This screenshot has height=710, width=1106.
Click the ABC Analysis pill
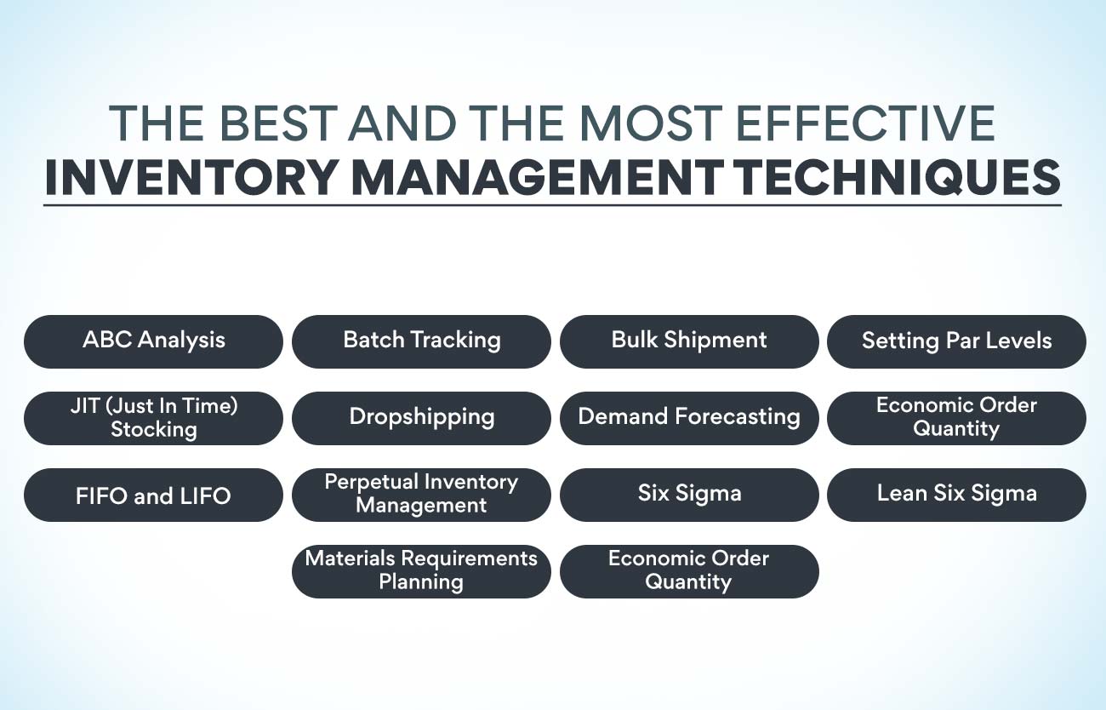click(x=153, y=341)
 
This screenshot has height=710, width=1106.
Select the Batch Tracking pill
click(x=421, y=341)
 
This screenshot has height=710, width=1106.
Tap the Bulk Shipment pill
click(x=689, y=341)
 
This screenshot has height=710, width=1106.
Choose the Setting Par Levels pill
click(x=956, y=341)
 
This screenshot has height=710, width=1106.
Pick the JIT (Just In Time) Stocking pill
click(x=153, y=417)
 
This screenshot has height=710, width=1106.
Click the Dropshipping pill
click(x=421, y=417)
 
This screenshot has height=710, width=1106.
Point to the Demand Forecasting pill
click(x=689, y=417)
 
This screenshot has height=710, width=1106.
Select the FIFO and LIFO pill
click(x=153, y=495)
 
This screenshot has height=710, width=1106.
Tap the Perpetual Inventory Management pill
click(x=421, y=494)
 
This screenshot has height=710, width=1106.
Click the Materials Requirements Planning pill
click(x=421, y=570)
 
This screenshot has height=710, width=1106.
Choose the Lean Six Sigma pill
click(x=956, y=494)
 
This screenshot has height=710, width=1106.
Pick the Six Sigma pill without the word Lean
click(x=689, y=494)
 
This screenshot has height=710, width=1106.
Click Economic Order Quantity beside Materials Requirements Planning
click(x=689, y=570)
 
